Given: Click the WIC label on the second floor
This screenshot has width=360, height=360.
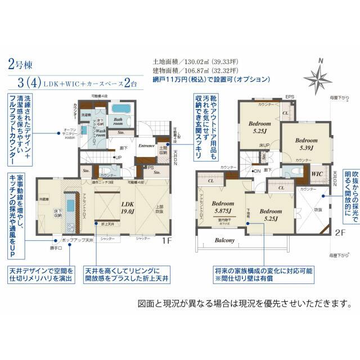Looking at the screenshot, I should [316, 174].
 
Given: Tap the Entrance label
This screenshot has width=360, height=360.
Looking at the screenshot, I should [147, 145].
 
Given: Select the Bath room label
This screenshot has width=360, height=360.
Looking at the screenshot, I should [118, 122].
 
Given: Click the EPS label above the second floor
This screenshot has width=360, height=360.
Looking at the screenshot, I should [290, 97].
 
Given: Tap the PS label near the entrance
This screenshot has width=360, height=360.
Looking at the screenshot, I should [150, 167].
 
